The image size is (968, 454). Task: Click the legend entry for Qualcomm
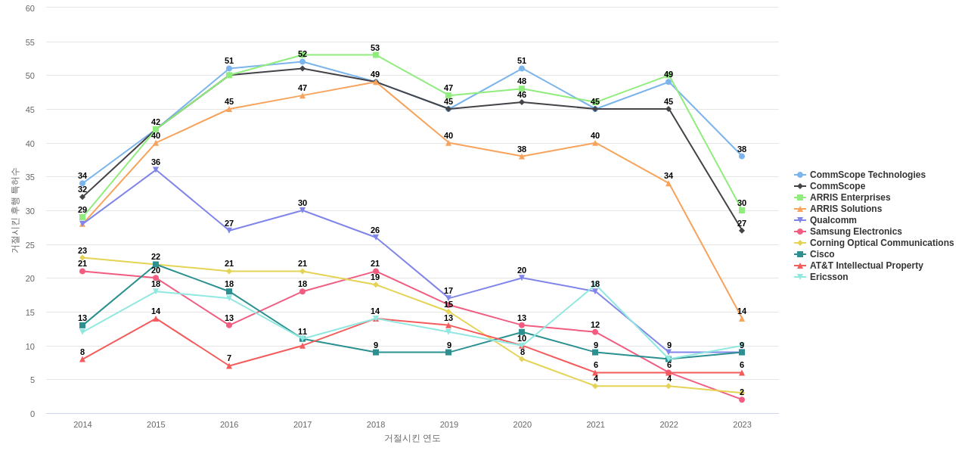[833, 220]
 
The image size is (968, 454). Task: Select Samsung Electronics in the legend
[855, 232]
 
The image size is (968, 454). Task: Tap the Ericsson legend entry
[828, 277]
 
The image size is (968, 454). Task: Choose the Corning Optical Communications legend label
[881, 243]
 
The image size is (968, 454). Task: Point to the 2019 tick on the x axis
[449, 424]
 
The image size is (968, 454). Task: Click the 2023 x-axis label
[742, 424]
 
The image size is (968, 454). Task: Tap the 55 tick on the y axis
[30, 42]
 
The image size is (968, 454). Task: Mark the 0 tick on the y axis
[33, 414]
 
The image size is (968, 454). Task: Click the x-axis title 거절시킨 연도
[412, 438]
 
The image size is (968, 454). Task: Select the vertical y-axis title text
[15, 210]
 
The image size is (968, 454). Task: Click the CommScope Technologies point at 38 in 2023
[742, 157]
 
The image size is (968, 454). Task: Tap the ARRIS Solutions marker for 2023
[742, 319]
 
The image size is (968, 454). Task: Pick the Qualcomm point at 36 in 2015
[156, 170]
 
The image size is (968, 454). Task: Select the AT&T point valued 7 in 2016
[229, 366]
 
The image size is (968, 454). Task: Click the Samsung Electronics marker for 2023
[742, 400]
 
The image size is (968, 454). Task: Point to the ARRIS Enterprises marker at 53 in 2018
[376, 55]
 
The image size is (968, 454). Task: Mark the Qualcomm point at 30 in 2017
[302, 210]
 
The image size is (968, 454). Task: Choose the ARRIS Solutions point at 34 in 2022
[669, 184]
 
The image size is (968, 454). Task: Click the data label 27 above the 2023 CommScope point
[742, 223]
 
